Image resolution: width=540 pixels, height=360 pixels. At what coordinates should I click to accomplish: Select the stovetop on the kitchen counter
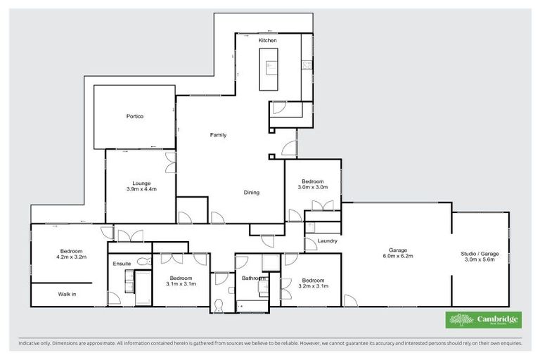(306, 65)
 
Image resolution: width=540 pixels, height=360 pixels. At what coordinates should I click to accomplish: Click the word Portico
(135, 116)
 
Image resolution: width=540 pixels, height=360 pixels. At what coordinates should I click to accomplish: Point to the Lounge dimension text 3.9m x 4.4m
(141, 189)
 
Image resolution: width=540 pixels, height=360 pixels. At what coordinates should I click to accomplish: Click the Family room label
(218, 134)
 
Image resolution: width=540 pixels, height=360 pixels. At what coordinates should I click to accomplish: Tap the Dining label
(252, 192)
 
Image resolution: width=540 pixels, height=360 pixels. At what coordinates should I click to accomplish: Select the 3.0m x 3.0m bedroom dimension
(312, 187)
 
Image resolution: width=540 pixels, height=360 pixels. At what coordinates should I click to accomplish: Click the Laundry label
(327, 241)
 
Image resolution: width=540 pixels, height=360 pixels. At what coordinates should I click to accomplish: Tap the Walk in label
(67, 294)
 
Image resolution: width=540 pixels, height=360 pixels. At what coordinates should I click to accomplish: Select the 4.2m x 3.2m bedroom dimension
(71, 257)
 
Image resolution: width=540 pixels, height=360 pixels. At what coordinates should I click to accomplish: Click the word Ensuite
(122, 264)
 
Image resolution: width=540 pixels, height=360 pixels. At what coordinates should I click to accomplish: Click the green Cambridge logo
(484, 320)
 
